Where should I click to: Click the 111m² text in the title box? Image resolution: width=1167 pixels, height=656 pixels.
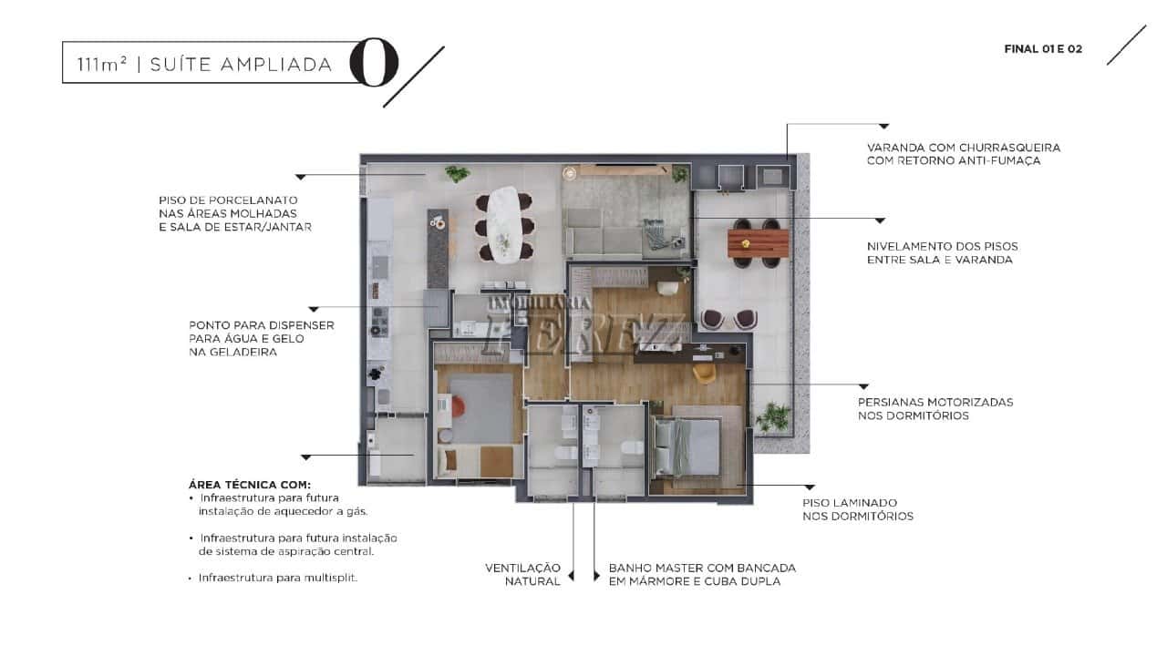coord(101,65)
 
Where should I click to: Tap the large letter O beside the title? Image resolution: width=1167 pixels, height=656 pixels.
coord(374,62)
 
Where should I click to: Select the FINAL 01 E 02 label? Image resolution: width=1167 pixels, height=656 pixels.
coord(1043,49)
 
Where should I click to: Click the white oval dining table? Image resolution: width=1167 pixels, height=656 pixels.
coord(503,224)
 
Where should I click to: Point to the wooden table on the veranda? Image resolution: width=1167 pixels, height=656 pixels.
coord(758,242)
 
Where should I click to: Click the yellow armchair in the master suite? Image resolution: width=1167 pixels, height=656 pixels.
coord(705,373)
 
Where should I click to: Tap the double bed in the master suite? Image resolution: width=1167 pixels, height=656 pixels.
coord(687,447)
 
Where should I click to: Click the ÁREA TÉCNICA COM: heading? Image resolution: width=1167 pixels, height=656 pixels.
coord(250,485)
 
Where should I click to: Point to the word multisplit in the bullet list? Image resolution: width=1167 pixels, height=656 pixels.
coord(330,578)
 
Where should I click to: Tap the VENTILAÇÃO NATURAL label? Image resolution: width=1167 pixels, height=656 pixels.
coord(523,575)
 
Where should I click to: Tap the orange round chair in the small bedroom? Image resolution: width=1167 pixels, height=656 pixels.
coord(458,407)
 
